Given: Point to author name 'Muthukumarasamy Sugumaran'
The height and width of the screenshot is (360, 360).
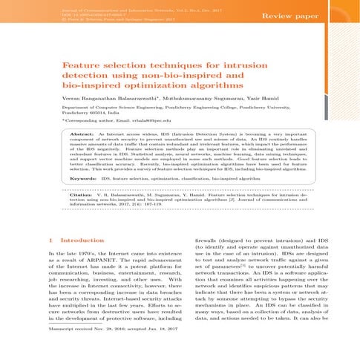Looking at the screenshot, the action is [x=204, y=100].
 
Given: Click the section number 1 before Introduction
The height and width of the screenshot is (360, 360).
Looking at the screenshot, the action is [x=48, y=240].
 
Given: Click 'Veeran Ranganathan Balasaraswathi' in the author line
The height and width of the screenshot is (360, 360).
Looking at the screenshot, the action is [x=96, y=100].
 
